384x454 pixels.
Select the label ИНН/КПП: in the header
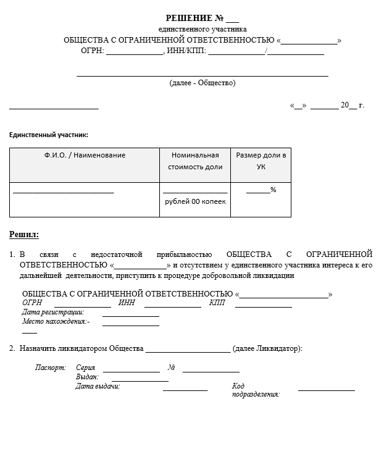[186, 51]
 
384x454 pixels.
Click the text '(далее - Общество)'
[202, 83]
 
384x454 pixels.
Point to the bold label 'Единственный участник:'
[48, 135]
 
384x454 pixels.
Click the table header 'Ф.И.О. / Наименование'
[85, 156]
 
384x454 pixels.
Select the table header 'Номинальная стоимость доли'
[195, 161]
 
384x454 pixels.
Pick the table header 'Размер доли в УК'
[261, 161]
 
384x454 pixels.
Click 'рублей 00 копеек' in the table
[195, 201]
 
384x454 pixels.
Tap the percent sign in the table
[273, 190]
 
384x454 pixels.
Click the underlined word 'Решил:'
[24, 235]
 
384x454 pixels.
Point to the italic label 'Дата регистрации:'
[52, 312]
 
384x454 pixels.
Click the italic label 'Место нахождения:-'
[56, 321]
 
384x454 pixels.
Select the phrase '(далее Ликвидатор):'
[267, 349]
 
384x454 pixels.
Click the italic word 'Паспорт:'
[51, 368]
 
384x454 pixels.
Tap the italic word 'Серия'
[86, 368]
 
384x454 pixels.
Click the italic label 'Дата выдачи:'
[98, 387]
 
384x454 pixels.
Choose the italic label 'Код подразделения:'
[256, 390]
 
